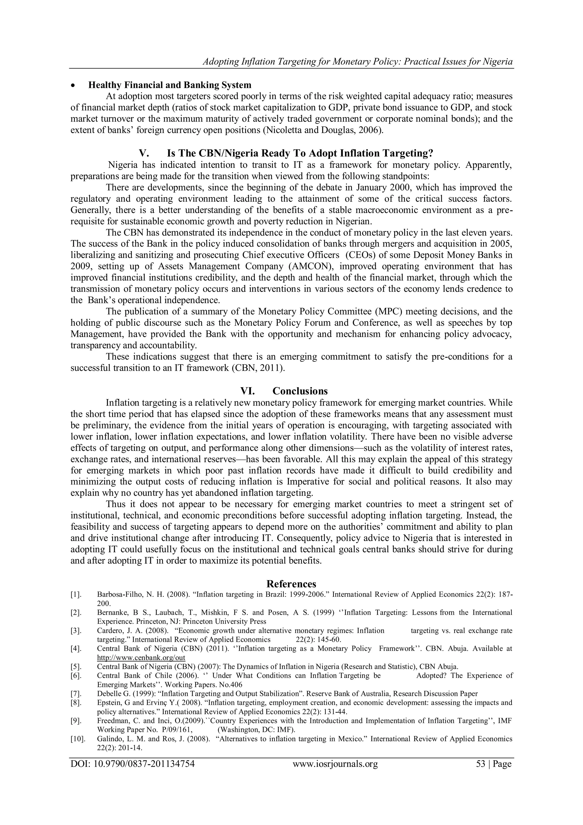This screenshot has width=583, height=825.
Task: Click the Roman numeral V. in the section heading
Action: pos(143,153)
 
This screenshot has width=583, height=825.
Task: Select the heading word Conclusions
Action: pos(300,391)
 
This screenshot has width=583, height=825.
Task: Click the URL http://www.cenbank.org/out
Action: pos(141,657)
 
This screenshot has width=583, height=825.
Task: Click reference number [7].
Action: pos(76,694)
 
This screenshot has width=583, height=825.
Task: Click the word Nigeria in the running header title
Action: pos(497,62)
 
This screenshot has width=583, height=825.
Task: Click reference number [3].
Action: pos(76,631)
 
